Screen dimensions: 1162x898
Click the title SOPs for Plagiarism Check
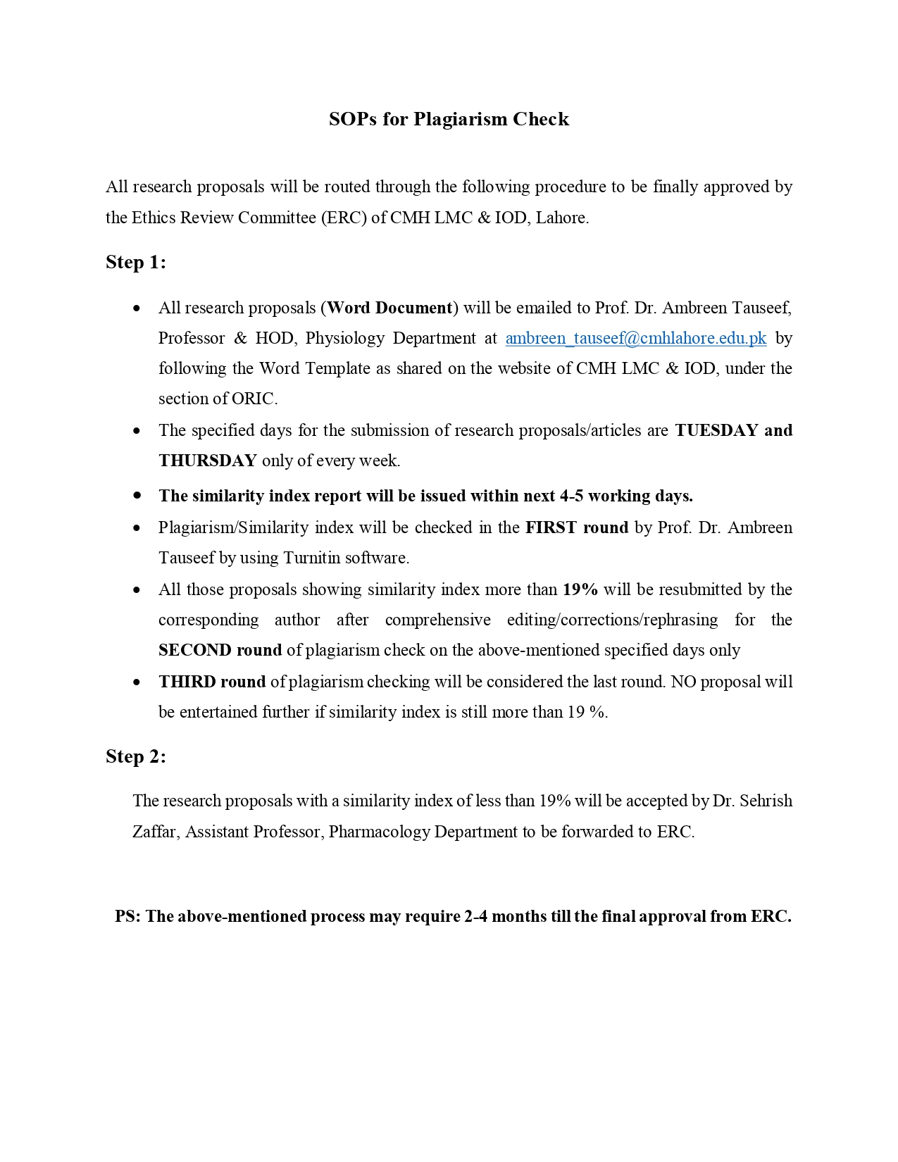(449, 119)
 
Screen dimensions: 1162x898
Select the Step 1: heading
(136, 263)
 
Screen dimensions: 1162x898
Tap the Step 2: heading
(136, 757)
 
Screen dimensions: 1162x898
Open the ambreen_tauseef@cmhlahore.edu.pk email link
(636, 339)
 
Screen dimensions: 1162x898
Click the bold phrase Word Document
(389, 308)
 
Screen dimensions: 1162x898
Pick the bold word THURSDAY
(208, 461)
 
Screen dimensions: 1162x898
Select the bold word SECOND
(195, 650)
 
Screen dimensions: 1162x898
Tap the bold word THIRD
(187, 682)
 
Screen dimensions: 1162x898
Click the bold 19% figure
(580, 589)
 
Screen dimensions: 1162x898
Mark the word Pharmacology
(379, 832)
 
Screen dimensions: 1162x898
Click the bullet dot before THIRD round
(137, 682)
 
